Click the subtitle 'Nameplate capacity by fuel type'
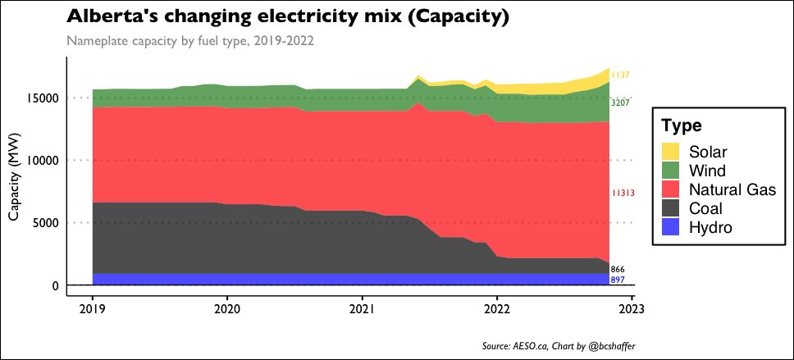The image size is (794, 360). point(190,40)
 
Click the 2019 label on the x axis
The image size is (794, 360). point(92,309)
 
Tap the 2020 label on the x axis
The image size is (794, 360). point(227,309)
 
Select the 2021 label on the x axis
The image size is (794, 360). point(362,309)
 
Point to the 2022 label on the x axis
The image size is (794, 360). point(497,309)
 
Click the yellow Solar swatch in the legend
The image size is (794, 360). point(672,152)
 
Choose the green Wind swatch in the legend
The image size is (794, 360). point(672,171)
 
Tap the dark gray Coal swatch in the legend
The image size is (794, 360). point(672,208)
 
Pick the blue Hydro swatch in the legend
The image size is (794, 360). point(672,227)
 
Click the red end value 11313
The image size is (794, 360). point(623,194)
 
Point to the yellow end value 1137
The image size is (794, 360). point(620,75)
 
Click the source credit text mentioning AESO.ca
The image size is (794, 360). point(559,346)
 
